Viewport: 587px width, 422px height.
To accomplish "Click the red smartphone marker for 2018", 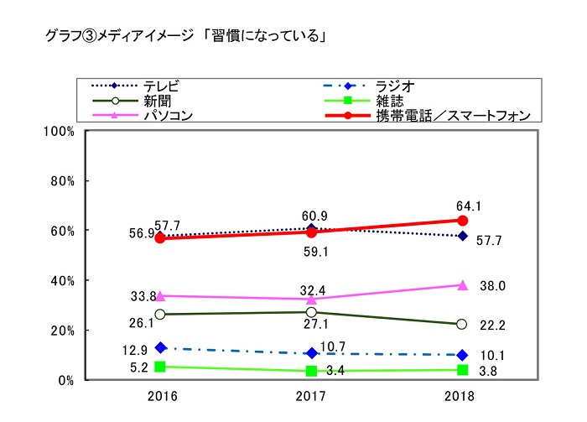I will tap(461, 221).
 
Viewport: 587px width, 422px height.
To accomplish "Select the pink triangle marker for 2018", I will tap(461, 285).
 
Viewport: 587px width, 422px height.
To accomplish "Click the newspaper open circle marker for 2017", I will tap(311, 312).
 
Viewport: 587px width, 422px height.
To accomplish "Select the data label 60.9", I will tap(312, 214).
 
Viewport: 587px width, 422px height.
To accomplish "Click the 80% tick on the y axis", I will tap(65, 181).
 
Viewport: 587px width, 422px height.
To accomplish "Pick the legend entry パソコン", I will tap(169, 116).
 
